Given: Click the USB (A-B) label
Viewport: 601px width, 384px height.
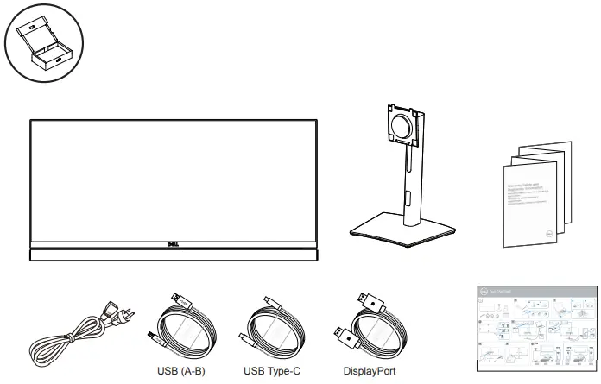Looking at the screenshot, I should (180, 372).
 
